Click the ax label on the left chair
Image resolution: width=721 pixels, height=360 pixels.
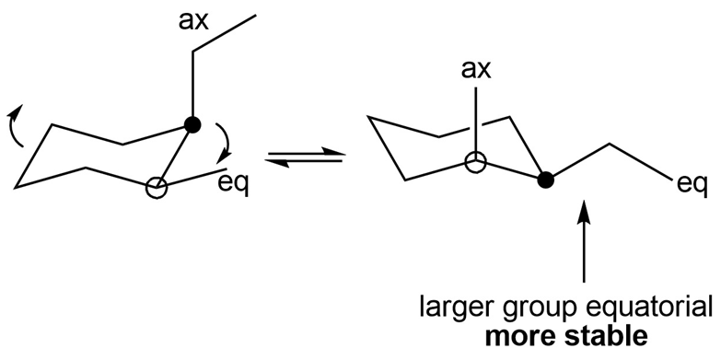194,22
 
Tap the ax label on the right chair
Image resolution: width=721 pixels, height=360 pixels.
476,70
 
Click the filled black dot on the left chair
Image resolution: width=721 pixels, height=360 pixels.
192,124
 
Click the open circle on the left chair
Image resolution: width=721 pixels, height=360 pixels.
157,189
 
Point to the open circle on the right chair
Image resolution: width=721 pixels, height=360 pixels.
476,163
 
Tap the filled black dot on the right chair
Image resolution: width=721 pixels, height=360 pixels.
545,180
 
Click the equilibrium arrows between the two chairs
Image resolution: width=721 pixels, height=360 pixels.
305,157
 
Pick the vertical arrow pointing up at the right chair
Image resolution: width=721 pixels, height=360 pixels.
585,241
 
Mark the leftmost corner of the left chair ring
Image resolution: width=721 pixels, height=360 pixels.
16,187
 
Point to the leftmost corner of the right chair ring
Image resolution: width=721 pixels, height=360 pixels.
368,118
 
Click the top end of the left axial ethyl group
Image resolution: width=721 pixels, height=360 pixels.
256,16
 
